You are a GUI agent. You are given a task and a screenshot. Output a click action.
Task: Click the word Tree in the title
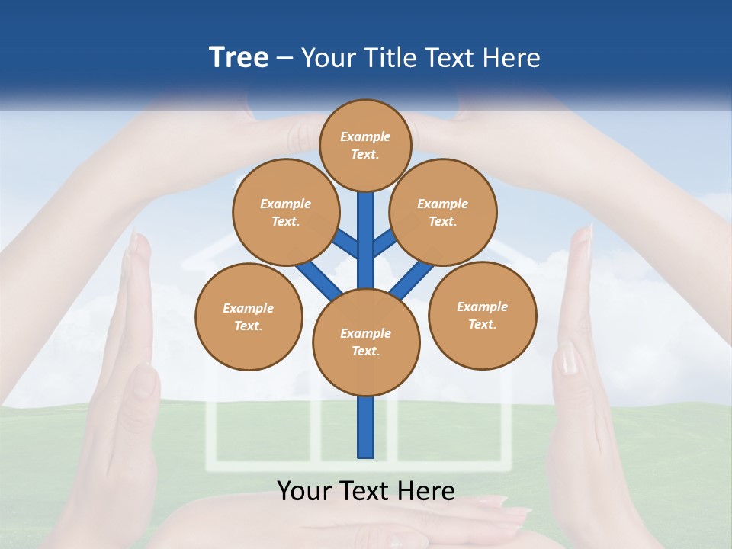coord(239,57)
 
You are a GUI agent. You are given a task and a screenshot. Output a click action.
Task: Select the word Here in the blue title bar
coord(512,58)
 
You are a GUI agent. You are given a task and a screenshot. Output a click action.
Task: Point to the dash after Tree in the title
coord(284,59)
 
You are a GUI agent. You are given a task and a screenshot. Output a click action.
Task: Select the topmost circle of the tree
coord(365,145)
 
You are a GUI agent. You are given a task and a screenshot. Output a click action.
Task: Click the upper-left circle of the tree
coord(285,212)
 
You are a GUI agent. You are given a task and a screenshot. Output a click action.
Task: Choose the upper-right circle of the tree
coord(443,212)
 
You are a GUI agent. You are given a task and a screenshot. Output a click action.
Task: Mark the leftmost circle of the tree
coord(249,316)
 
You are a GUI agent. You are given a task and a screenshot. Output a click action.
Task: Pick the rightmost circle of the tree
coord(483,315)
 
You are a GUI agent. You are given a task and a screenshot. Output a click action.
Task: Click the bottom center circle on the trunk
coord(366,342)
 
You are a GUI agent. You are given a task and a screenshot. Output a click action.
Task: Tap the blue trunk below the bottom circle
coord(366,427)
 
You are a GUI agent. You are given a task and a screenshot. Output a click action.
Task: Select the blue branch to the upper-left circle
coord(345,244)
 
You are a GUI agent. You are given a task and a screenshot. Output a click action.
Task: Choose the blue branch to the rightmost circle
coord(413,278)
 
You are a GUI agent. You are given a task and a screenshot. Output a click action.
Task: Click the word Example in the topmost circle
coord(365,136)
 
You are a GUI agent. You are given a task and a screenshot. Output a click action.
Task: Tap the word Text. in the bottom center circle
coord(366,351)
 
